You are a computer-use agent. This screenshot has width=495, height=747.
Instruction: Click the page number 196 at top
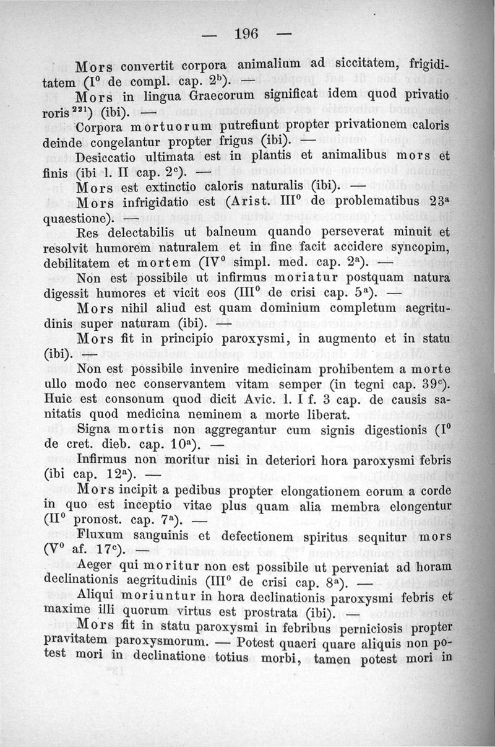tap(247, 33)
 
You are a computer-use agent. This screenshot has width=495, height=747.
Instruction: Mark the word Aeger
tap(97, 568)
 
